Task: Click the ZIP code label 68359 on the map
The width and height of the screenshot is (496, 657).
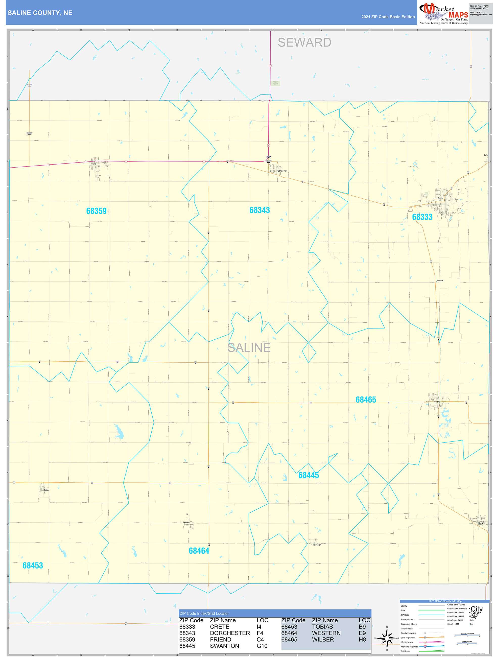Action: (x=96, y=211)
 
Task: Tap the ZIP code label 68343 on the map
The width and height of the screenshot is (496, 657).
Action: (x=259, y=210)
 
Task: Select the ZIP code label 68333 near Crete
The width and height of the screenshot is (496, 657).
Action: (x=422, y=217)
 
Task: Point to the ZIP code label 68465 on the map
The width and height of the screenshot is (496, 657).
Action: (x=366, y=400)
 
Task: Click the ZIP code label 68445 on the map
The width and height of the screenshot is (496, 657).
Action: (x=308, y=475)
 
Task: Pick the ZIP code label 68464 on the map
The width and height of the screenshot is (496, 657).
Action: (x=199, y=551)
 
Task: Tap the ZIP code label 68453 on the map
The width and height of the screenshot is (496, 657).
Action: (x=33, y=566)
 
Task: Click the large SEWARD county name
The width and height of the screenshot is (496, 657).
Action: (x=304, y=42)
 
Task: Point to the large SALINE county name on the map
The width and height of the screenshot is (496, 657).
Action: (x=249, y=347)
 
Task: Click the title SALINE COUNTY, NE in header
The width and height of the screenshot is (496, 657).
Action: (x=40, y=13)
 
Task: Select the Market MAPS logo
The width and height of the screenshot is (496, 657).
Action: (x=443, y=13)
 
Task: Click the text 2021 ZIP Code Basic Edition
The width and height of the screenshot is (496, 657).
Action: (x=388, y=17)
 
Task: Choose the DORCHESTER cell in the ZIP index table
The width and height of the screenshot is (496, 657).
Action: (x=230, y=633)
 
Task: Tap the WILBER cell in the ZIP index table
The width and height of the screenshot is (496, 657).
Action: (x=323, y=640)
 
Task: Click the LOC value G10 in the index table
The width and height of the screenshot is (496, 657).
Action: (x=262, y=646)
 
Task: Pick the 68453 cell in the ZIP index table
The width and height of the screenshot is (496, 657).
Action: (x=289, y=627)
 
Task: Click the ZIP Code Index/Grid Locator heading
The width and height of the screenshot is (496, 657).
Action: (x=204, y=613)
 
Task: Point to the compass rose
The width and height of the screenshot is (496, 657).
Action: (x=387, y=638)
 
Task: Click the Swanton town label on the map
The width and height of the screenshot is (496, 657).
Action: (x=317, y=545)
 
